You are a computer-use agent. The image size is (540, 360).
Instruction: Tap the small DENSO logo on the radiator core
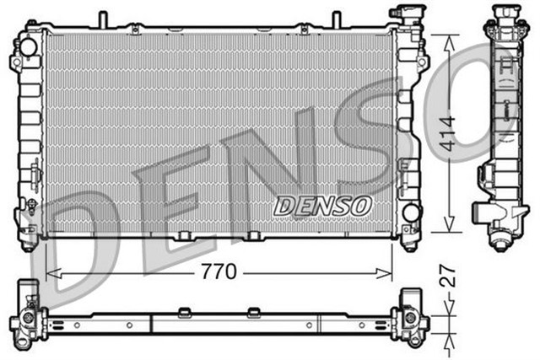(323, 205)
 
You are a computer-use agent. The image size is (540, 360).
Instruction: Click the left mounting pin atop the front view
(102, 19)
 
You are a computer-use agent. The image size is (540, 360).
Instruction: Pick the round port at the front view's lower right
(411, 212)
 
